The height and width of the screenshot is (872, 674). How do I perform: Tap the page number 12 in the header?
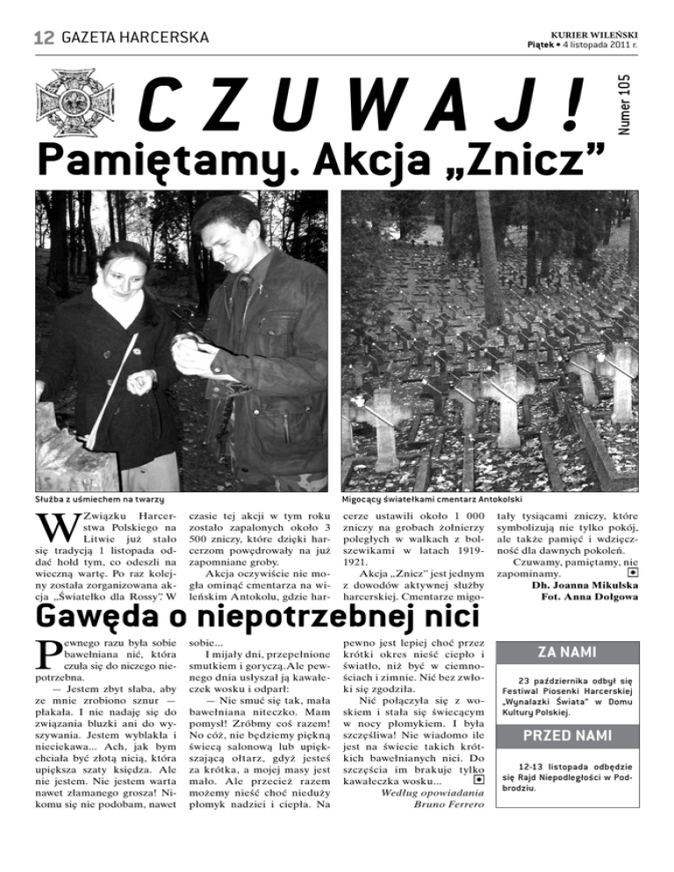[x=44, y=37]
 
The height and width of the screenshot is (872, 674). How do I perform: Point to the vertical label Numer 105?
[x=648, y=103]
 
